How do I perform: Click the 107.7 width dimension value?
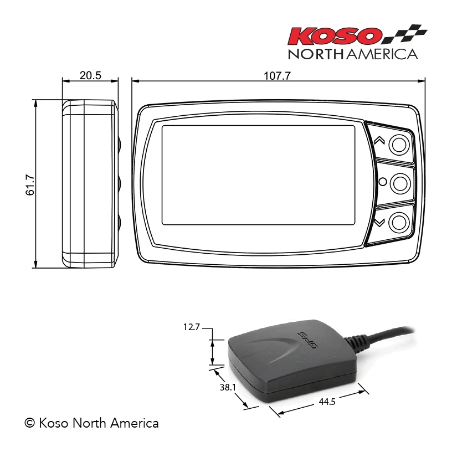pyautogui.click(x=278, y=76)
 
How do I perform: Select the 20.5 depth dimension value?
pyautogui.click(x=90, y=75)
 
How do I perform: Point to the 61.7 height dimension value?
pyautogui.click(x=30, y=185)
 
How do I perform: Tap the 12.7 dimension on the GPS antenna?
pyautogui.click(x=192, y=327)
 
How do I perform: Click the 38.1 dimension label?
pyautogui.click(x=228, y=387)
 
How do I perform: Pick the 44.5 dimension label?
pyautogui.click(x=327, y=402)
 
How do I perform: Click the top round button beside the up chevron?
pyautogui.click(x=399, y=144)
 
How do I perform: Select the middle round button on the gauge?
pyautogui.click(x=400, y=183)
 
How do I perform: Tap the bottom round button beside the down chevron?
pyautogui.click(x=399, y=223)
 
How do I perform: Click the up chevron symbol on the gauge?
pyautogui.click(x=379, y=140)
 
